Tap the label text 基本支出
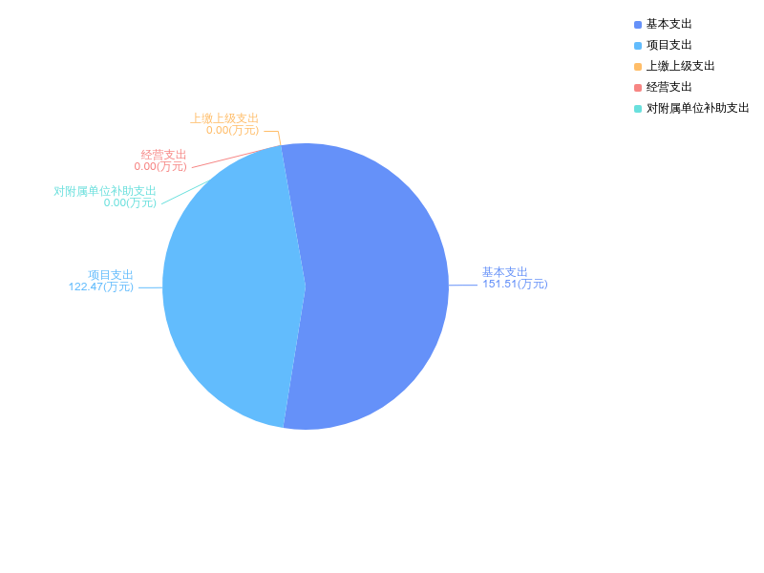click(x=504, y=271)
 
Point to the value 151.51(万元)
click(x=515, y=284)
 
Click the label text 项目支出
click(x=111, y=274)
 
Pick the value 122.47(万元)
click(x=100, y=286)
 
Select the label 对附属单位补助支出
click(x=105, y=191)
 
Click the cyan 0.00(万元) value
click(x=130, y=202)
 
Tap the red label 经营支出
click(x=163, y=155)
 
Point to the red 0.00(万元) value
click(x=160, y=166)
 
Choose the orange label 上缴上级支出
click(x=224, y=118)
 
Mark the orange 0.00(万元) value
click(x=232, y=130)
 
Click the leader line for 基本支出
click(x=463, y=285)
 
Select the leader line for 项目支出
click(x=151, y=286)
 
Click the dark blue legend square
click(x=638, y=25)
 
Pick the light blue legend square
click(x=638, y=46)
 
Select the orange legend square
click(x=638, y=67)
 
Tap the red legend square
click(x=638, y=88)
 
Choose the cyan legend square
click(x=638, y=109)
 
